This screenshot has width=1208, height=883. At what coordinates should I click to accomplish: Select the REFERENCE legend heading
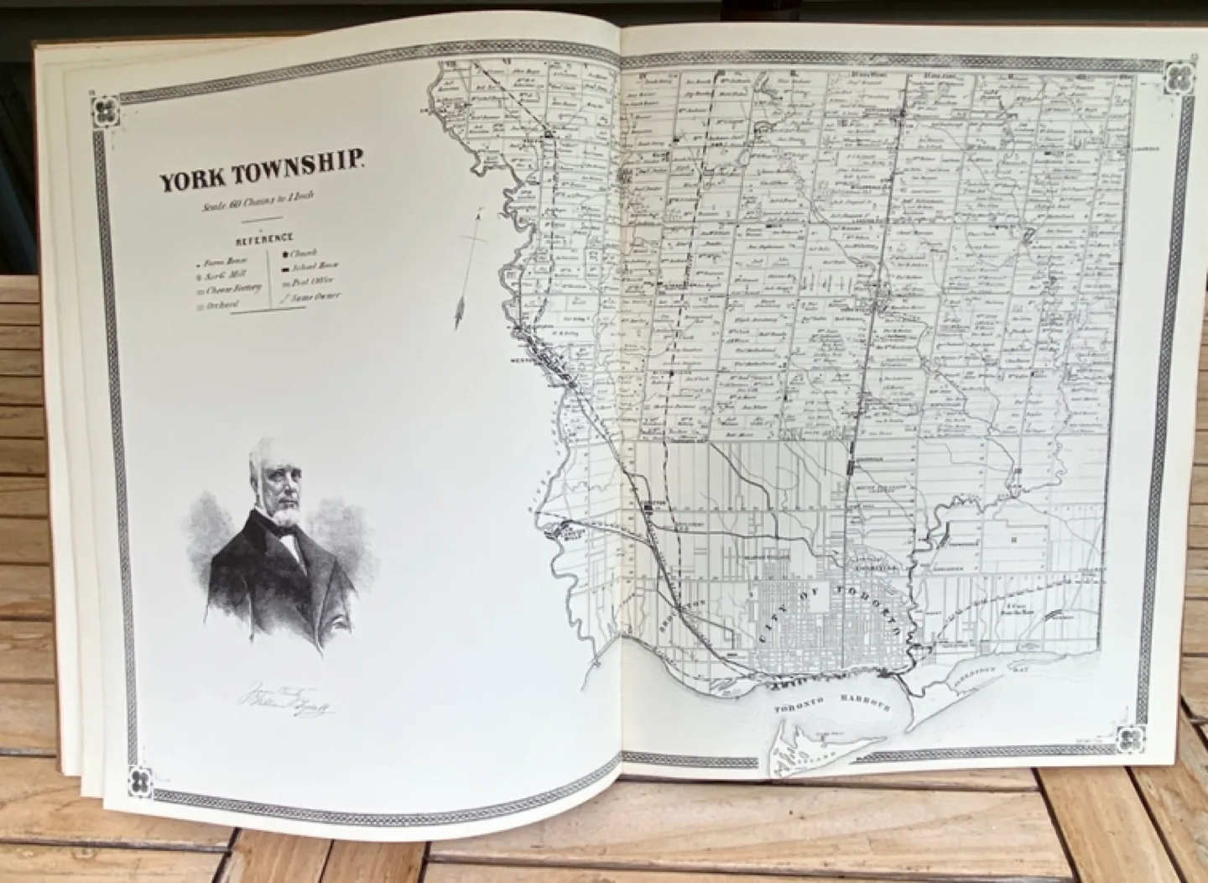coord(264,238)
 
